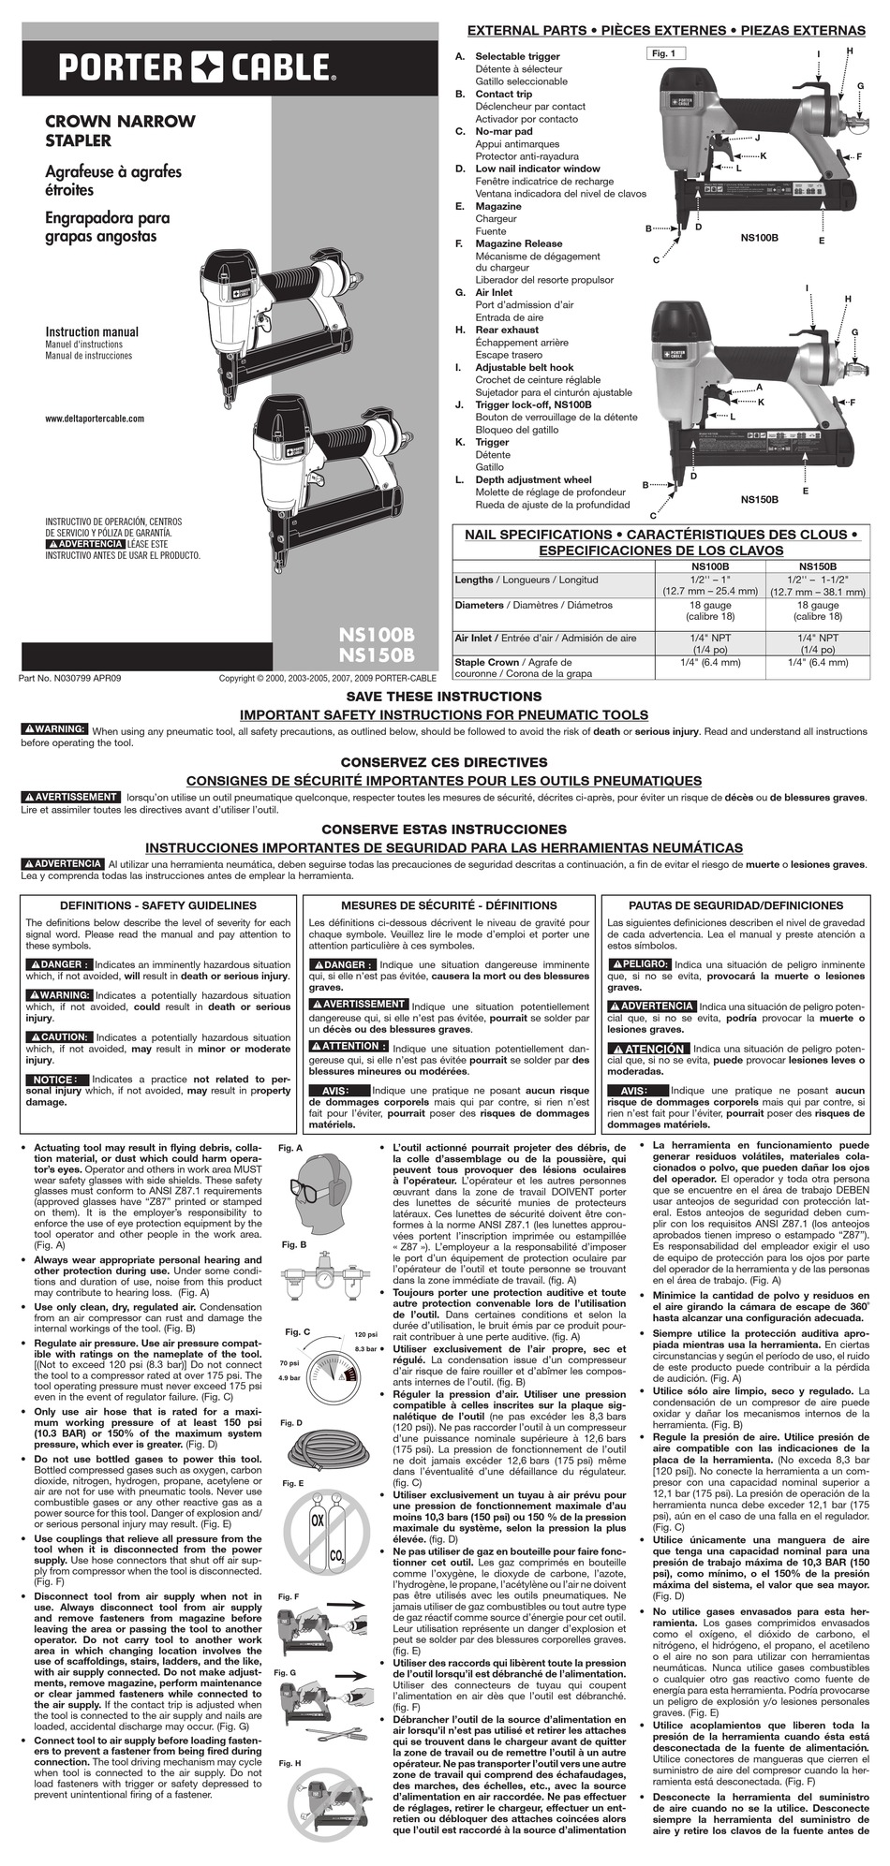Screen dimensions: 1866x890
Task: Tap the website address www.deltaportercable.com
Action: click(x=95, y=419)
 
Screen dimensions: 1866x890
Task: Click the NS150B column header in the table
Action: click(x=818, y=566)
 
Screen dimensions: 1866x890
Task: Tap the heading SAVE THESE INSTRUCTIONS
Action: click(x=444, y=697)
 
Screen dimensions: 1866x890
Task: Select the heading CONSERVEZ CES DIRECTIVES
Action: click(x=444, y=762)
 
